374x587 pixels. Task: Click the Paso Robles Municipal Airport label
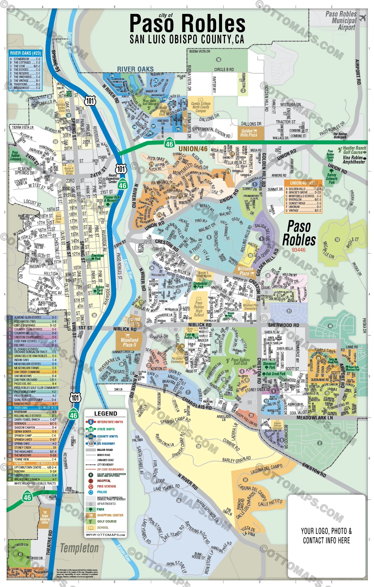point(341,21)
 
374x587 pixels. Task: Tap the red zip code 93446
point(298,250)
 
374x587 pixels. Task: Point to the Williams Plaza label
point(245,271)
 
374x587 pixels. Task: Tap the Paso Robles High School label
point(199,309)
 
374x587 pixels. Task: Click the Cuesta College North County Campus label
point(201,107)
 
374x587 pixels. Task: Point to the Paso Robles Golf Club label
point(240,361)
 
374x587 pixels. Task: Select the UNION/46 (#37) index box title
point(303,183)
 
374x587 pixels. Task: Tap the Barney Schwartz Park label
point(332,179)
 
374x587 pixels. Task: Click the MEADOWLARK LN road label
point(314,418)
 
